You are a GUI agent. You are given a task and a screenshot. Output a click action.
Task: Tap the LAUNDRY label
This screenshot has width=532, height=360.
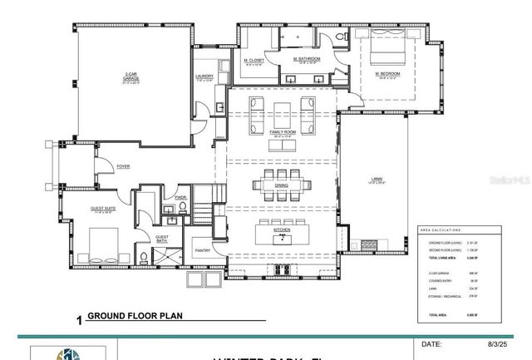[x=205, y=76]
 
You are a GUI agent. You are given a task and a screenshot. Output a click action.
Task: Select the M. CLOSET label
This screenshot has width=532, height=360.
[x=254, y=60]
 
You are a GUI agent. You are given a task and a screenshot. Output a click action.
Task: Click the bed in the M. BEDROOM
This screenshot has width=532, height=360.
[x=387, y=53]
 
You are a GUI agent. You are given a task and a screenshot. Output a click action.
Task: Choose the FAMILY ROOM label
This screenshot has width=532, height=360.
[x=283, y=132]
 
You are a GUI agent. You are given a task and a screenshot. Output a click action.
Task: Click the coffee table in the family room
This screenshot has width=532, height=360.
[x=283, y=110]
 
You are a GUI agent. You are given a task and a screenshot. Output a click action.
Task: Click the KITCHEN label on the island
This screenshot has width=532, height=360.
[x=281, y=227]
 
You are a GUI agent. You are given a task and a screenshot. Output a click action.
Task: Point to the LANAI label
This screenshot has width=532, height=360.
[x=377, y=178]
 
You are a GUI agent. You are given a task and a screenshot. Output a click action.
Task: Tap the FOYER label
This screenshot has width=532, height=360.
[x=123, y=166]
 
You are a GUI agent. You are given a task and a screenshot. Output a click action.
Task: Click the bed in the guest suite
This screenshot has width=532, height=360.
[x=106, y=241]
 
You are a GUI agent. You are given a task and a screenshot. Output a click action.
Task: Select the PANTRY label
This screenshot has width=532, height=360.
[x=203, y=249]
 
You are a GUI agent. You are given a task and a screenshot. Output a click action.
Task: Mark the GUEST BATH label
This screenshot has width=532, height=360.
[x=161, y=239]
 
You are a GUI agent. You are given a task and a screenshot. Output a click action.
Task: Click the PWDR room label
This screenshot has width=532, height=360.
[x=180, y=199]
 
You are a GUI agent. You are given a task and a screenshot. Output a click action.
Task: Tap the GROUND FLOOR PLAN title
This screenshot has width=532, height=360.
[x=134, y=316]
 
